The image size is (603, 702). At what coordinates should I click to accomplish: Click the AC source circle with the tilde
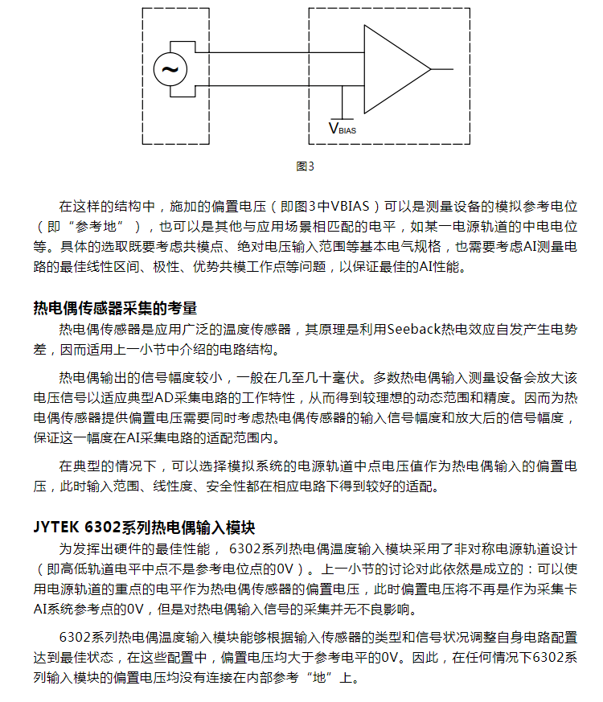(170, 69)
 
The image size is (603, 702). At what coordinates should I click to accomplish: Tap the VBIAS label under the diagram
(342, 127)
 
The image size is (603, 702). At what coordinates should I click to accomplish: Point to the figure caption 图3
(305, 167)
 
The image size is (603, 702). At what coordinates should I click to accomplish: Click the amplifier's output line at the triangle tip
(442, 69)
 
